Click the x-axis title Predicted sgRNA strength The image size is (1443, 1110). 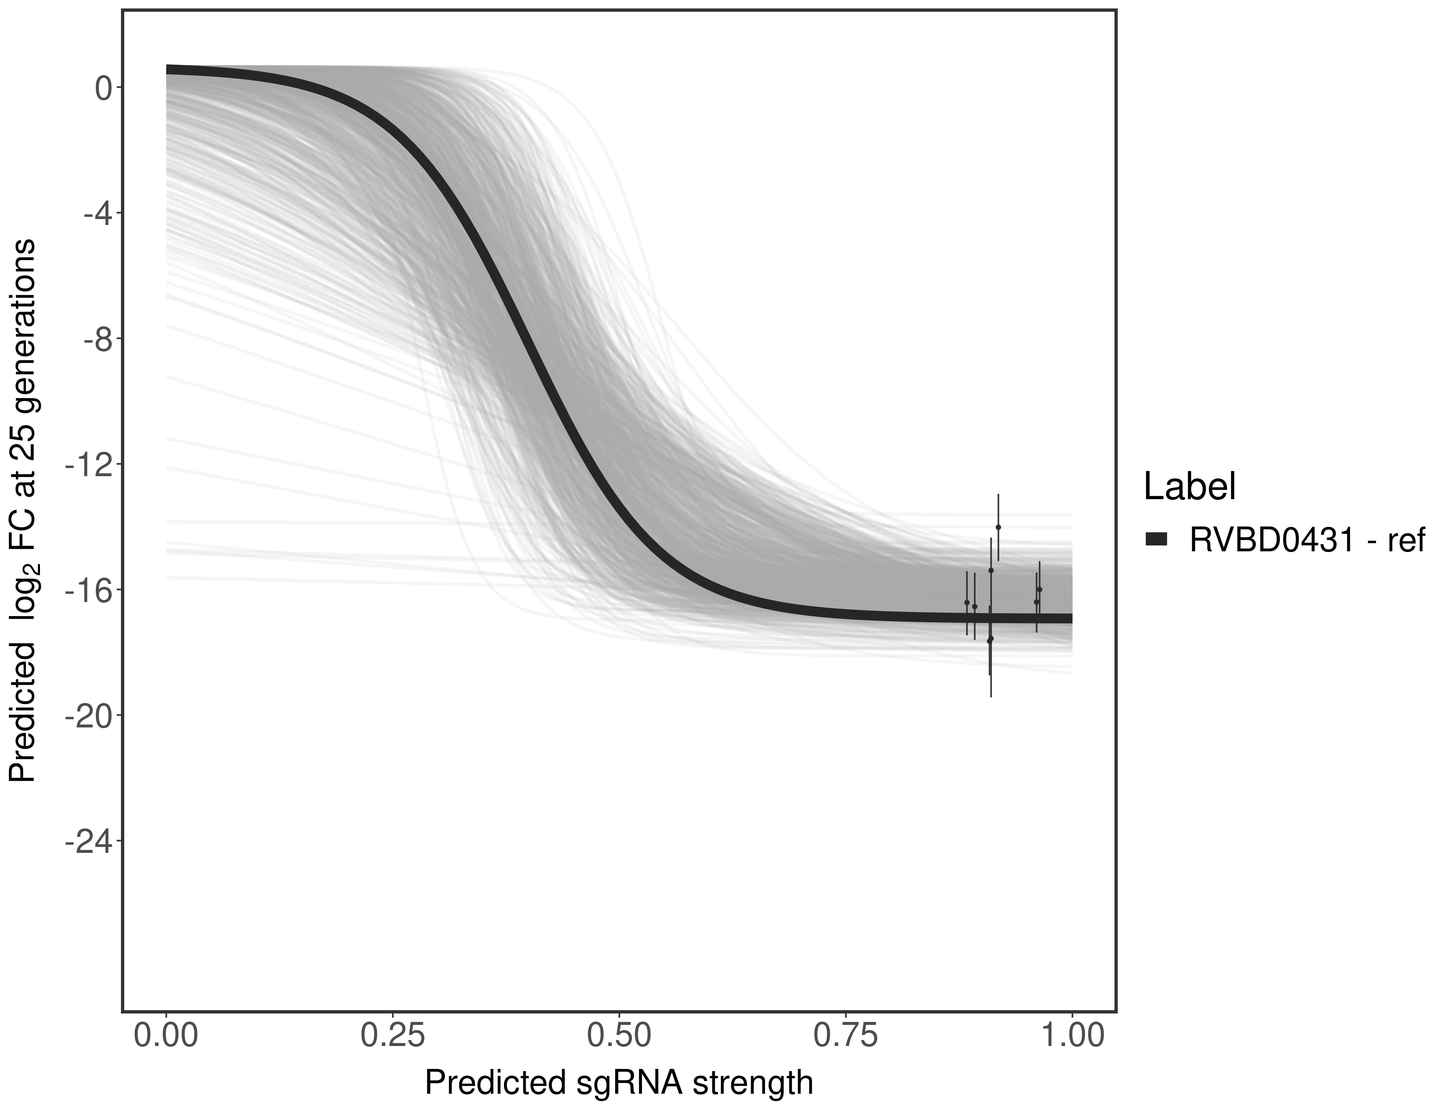tap(618, 1084)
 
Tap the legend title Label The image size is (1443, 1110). tap(1189, 487)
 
